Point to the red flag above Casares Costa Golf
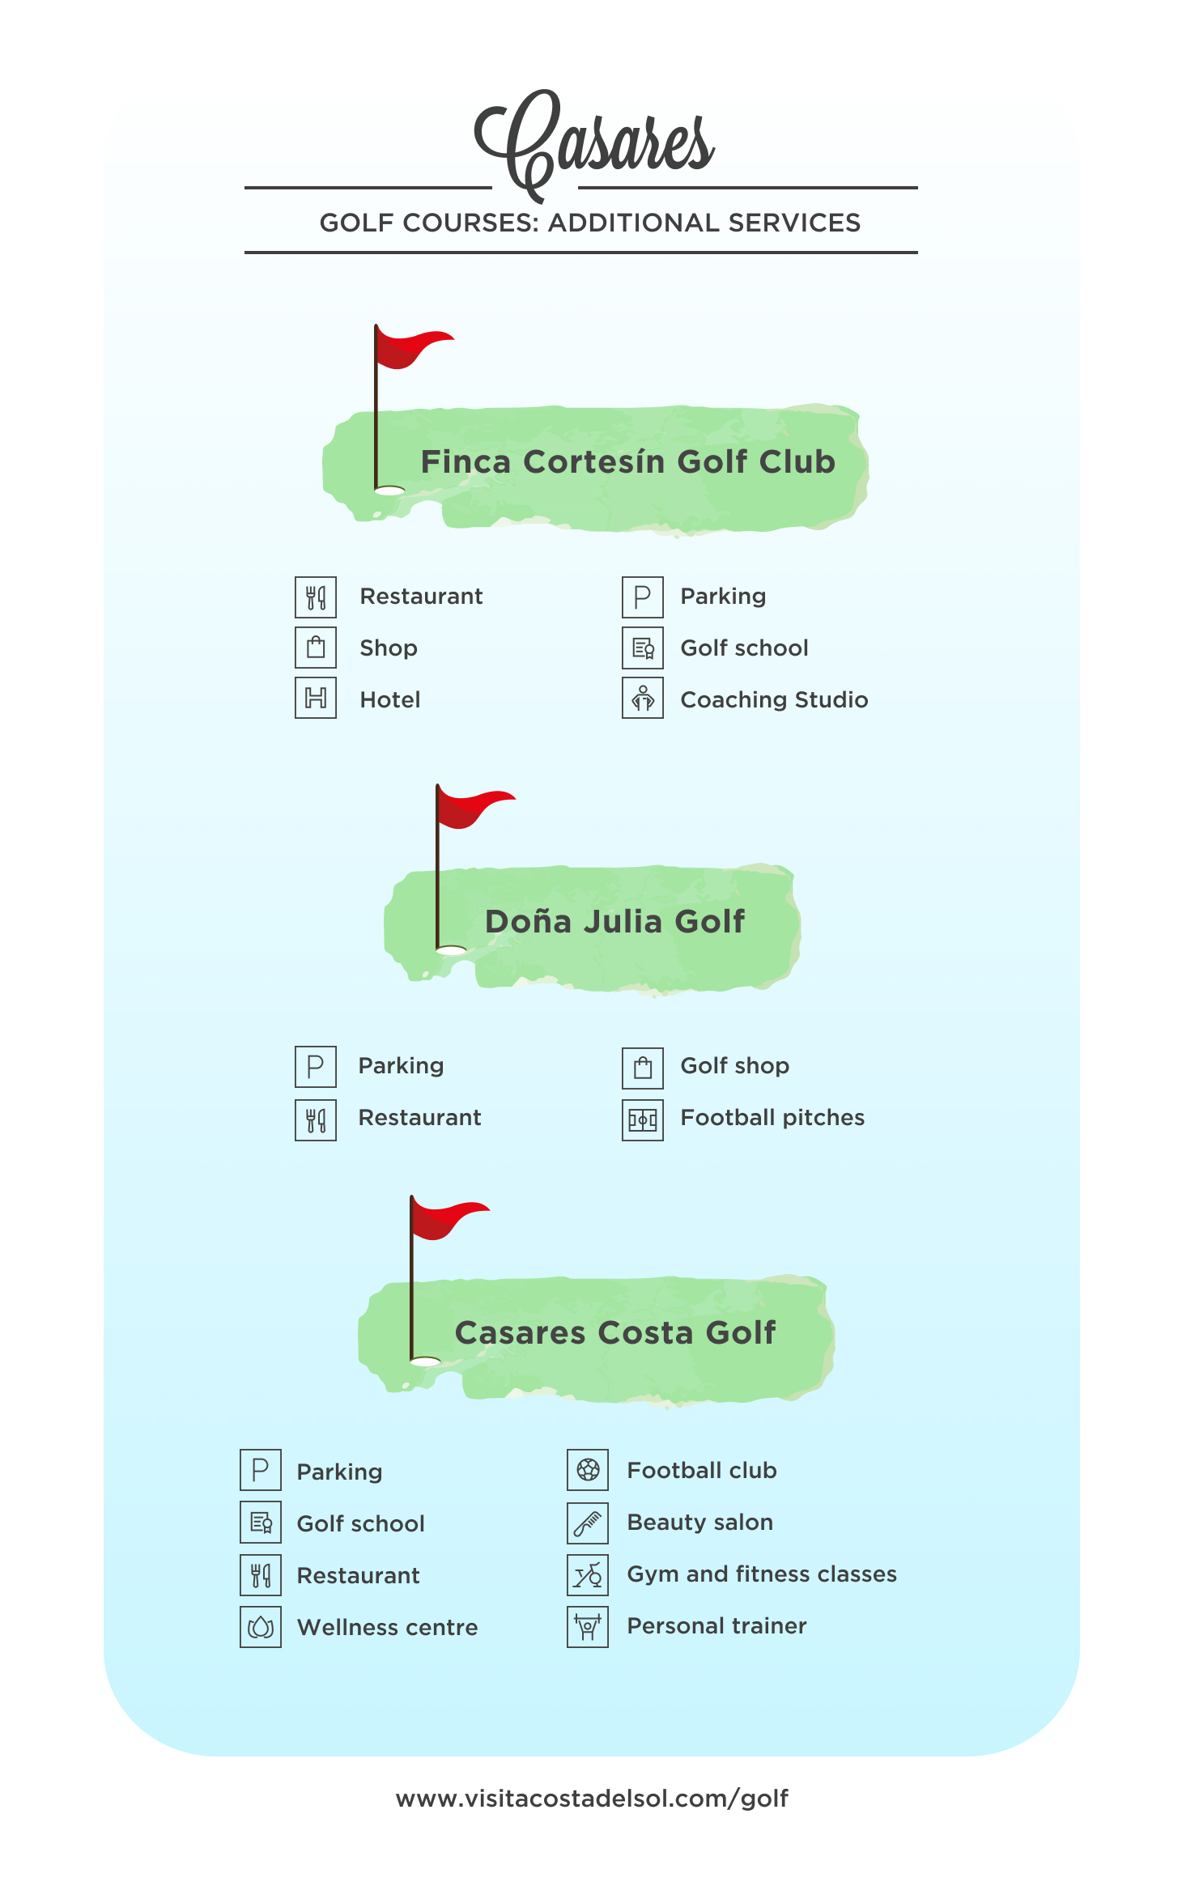(449, 1219)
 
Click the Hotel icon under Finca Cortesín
(316, 698)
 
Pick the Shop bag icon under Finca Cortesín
(316, 647)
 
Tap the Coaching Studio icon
(643, 698)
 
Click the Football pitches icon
(643, 1120)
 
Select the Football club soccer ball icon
(588, 1470)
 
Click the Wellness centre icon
(261, 1627)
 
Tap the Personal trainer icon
(588, 1627)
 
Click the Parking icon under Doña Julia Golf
(316, 1067)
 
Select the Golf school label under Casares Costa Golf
(361, 1524)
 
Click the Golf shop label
(735, 1066)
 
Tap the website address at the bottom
(592, 1799)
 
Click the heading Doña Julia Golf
(615, 922)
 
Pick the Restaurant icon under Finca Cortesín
(316, 597)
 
